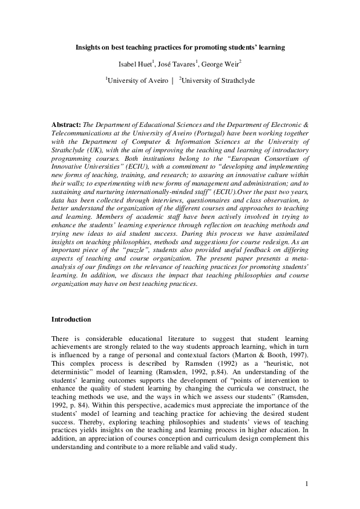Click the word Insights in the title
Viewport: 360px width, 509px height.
88,47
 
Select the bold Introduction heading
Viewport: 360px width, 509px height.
71,319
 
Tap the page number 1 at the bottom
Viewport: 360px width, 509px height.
307,483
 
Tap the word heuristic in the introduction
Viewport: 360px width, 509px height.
274,361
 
